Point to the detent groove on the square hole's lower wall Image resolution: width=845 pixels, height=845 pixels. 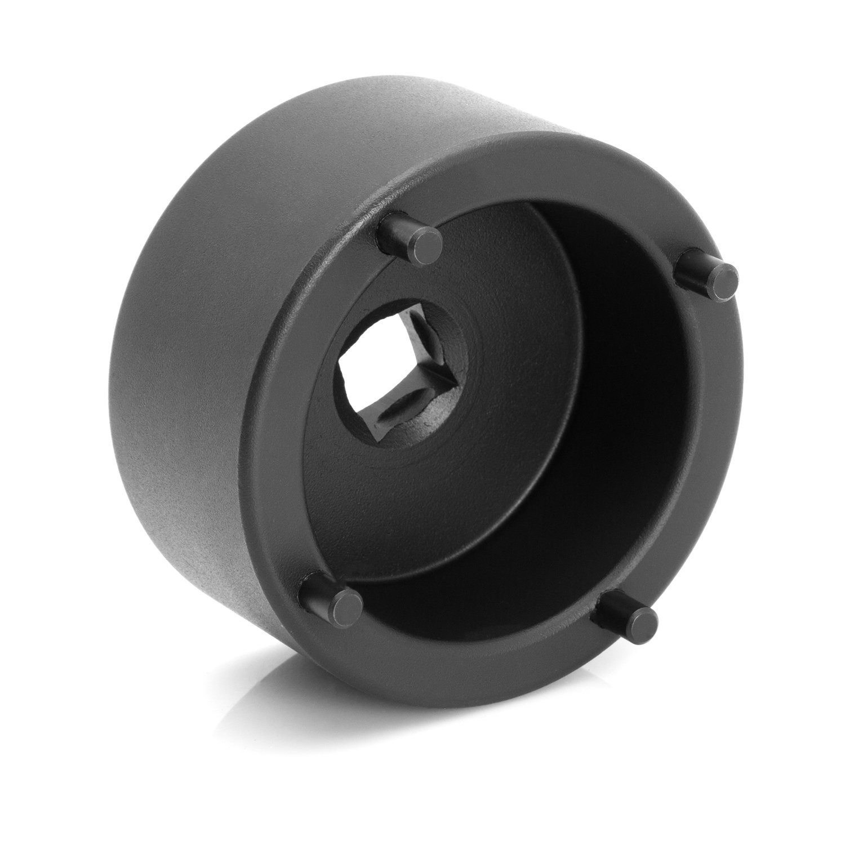click(389, 420)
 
